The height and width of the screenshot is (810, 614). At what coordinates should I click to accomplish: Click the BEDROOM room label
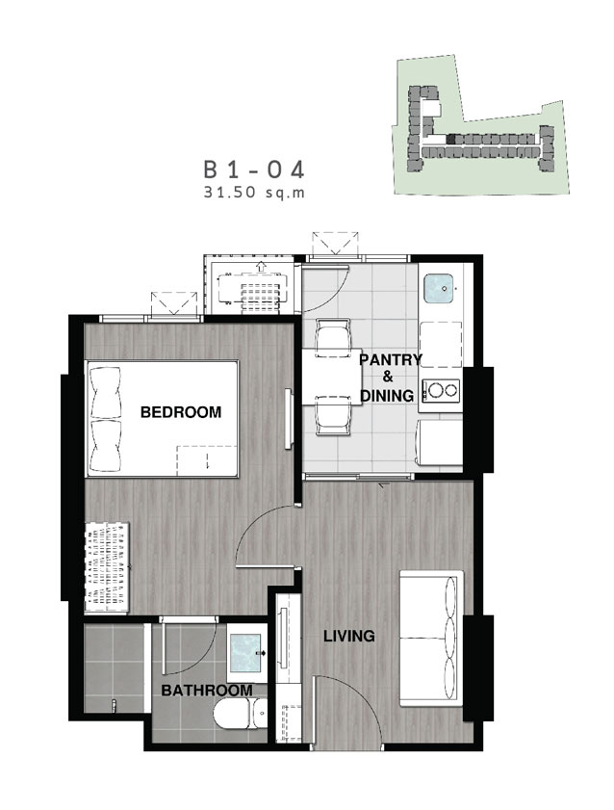(x=181, y=412)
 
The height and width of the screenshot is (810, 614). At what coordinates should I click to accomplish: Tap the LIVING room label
(x=349, y=636)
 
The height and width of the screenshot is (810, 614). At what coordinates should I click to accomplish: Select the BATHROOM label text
(x=207, y=691)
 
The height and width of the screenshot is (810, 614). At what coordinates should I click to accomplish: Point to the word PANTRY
(x=391, y=359)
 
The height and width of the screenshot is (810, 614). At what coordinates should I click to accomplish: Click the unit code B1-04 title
(x=254, y=170)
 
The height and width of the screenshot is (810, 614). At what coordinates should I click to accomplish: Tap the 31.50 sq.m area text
(x=254, y=194)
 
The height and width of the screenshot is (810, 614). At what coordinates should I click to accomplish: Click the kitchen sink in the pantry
(x=439, y=289)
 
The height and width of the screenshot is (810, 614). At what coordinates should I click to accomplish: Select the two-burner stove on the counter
(x=441, y=390)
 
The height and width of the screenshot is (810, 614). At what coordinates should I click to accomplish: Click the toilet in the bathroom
(x=241, y=715)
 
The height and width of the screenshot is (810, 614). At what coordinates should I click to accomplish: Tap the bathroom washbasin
(x=246, y=653)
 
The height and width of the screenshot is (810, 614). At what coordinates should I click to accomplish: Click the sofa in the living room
(x=431, y=639)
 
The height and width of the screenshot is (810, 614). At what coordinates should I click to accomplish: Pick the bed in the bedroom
(x=162, y=419)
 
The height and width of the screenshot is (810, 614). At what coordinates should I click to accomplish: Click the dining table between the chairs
(x=331, y=377)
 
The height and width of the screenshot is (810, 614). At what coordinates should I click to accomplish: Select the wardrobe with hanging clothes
(x=107, y=567)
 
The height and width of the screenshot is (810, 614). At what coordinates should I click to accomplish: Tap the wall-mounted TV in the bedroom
(x=289, y=418)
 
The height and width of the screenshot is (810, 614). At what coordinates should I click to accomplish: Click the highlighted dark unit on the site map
(x=451, y=139)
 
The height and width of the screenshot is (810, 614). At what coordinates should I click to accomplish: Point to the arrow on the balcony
(x=261, y=266)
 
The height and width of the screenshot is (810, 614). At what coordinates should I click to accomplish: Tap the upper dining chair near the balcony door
(x=332, y=333)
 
